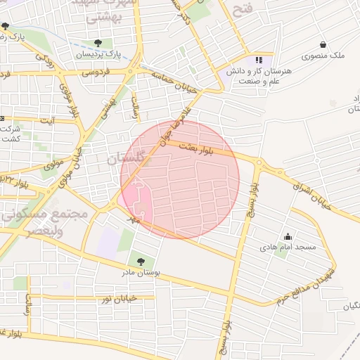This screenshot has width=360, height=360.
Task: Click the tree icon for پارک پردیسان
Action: [107, 43]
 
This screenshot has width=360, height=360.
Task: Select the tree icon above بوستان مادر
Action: [142, 262]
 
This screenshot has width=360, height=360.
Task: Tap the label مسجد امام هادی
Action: [288, 247]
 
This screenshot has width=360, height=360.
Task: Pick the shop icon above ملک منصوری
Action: [323, 44]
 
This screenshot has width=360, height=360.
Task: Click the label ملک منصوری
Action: [323, 56]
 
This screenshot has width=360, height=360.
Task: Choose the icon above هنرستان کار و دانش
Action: [259, 60]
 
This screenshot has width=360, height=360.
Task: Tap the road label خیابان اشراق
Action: [311, 193]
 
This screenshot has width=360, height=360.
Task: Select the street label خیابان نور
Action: [118, 300]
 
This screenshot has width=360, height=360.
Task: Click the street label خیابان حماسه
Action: [179, 90]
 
